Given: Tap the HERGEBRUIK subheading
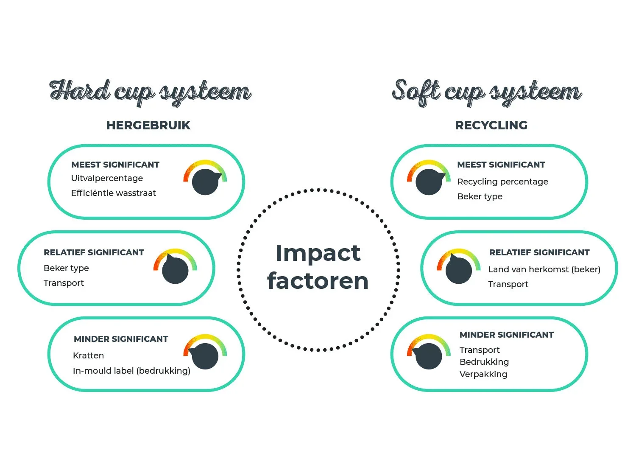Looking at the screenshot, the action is pyautogui.click(x=148, y=125).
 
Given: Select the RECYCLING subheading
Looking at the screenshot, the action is pyautogui.click(x=491, y=125).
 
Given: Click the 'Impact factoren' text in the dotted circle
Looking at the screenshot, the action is pyautogui.click(x=318, y=267).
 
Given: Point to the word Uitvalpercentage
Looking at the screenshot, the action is pyautogui.click(x=107, y=178).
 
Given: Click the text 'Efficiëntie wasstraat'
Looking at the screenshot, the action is pyautogui.click(x=113, y=193).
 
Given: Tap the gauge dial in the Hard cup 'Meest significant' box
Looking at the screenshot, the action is pyautogui.click(x=205, y=180).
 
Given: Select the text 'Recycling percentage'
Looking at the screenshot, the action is pyautogui.click(x=502, y=182).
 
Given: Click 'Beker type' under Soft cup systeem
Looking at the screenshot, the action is pyautogui.click(x=480, y=196).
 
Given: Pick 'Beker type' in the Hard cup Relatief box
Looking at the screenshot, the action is pyautogui.click(x=66, y=268).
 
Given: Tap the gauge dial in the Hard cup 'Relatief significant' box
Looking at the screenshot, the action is pyautogui.click(x=175, y=269).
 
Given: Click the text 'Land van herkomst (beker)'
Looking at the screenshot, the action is pyautogui.click(x=544, y=269).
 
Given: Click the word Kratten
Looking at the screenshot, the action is pyautogui.click(x=88, y=355).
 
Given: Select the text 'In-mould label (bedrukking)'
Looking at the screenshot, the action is pyautogui.click(x=131, y=371).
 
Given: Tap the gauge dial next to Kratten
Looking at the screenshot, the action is pyautogui.click(x=205, y=355).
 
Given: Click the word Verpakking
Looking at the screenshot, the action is pyautogui.click(x=483, y=374).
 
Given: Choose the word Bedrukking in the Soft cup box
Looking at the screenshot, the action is pyautogui.click(x=484, y=362).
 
